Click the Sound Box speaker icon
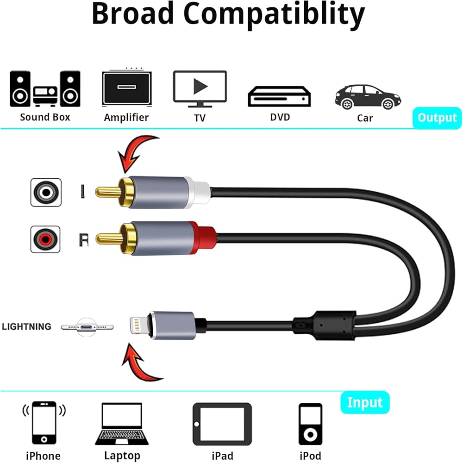(45, 89)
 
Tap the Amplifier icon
(126, 88)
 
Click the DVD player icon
(279, 96)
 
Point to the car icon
(368, 96)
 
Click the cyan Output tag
(437, 118)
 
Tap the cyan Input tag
(365, 402)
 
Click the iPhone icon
(44, 423)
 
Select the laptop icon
(122, 424)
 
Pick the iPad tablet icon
(222, 424)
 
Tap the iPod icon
(310, 424)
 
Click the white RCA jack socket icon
(45, 192)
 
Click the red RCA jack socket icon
(45, 239)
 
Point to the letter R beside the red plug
(83, 239)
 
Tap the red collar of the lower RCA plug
(203, 238)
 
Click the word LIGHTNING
(26, 326)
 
